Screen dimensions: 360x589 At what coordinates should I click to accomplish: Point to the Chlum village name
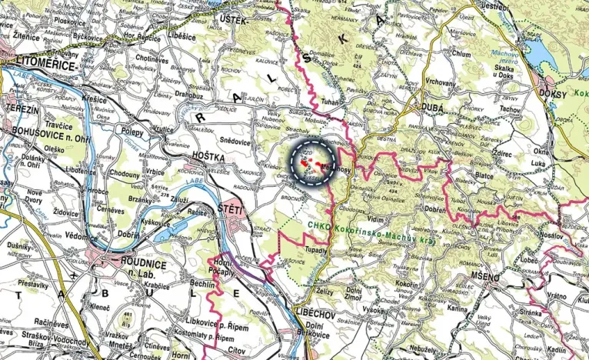pos(461,55)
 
